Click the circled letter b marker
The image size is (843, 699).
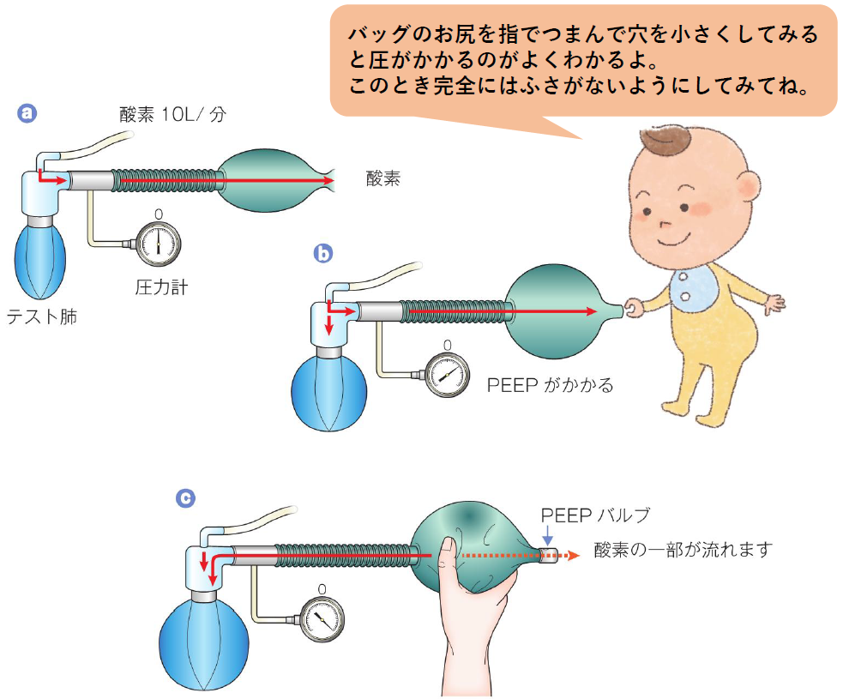coord(322,254)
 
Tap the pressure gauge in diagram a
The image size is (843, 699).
coord(158,243)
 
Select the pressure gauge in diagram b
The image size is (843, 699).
coord(446,375)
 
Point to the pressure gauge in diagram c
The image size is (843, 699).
coord(321,617)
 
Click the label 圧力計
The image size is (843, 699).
coord(161,287)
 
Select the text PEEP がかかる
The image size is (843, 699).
coord(550,385)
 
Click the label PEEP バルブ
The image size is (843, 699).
coord(594,515)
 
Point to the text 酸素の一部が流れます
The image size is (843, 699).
coord(683,549)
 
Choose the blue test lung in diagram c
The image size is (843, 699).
coord(202,639)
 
